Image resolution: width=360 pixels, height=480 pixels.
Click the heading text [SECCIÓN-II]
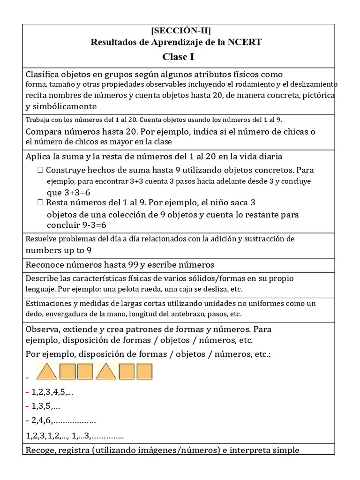(x=180, y=31)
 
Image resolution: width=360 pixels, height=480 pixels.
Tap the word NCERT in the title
(x=246, y=43)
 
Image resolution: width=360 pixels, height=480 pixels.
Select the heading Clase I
(x=178, y=57)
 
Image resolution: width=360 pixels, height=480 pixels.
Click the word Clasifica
(x=43, y=75)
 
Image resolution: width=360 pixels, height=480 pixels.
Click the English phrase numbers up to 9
(x=58, y=250)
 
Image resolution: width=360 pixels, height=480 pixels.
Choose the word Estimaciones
(x=49, y=303)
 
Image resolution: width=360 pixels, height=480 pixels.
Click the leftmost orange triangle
(x=47, y=372)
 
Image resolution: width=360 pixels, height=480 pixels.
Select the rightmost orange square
(x=144, y=372)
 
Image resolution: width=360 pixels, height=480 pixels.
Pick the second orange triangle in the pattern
(x=106, y=372)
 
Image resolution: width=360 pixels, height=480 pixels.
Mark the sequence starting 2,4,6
(x=63, y=420)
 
